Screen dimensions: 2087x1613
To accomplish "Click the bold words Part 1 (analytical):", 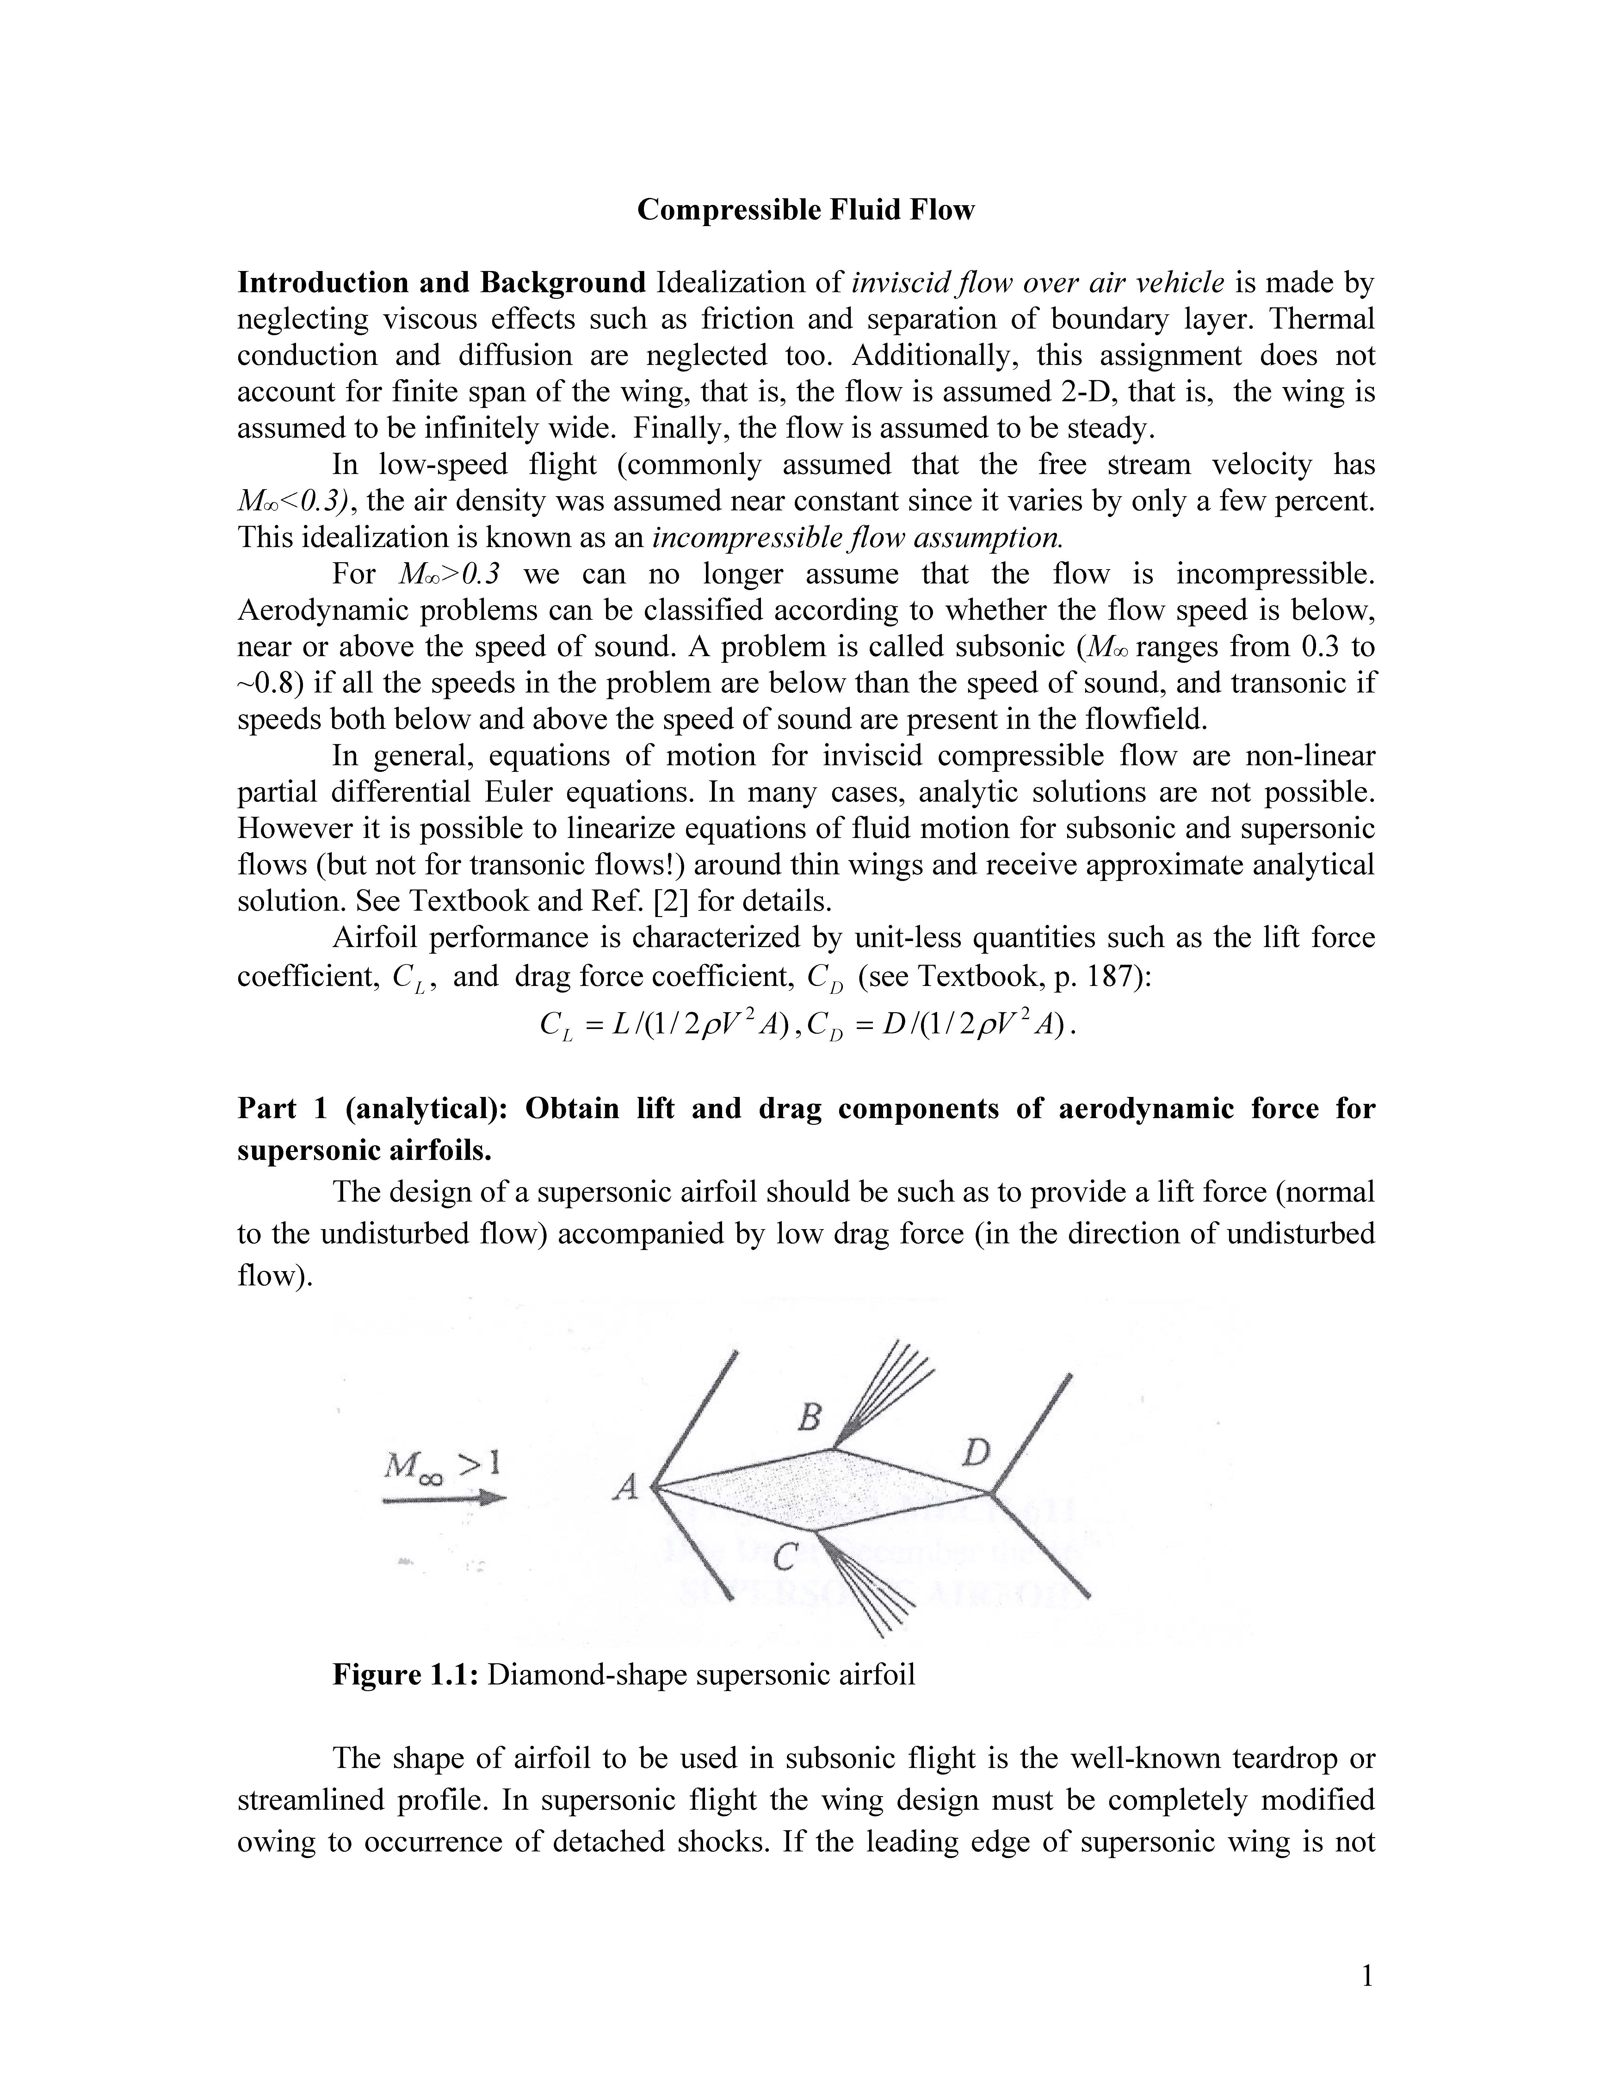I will pos(377,1108).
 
